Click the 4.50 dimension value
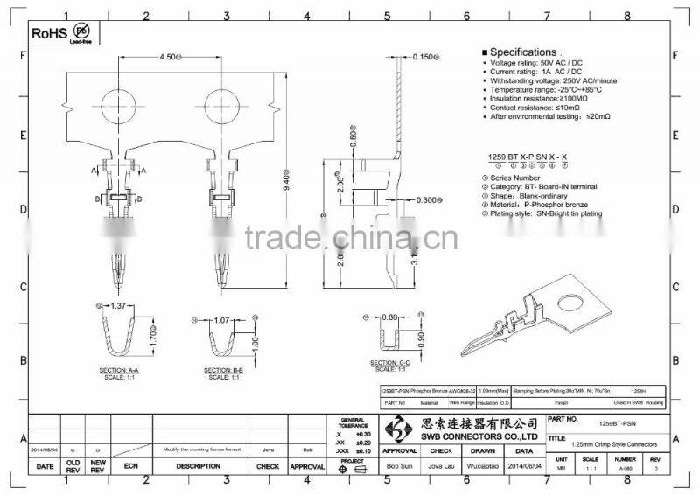point(168,57)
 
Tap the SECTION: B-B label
point(225,371)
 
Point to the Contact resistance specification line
point(541,107)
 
